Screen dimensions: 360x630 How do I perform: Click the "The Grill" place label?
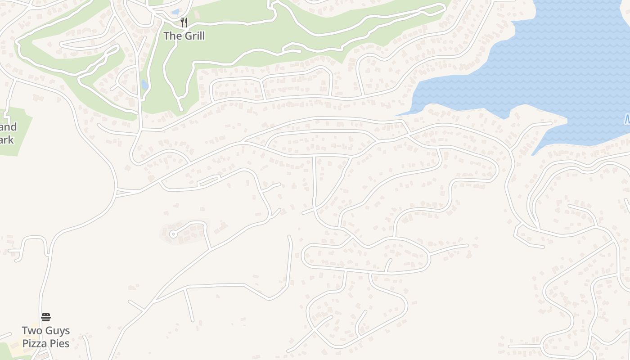(x=184, y=36)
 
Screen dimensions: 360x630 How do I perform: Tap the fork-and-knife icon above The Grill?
(x=184, y=22)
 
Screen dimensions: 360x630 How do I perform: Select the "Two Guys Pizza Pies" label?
(x=46, y=337)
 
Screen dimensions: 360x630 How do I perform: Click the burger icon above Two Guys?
(x=46, y=317)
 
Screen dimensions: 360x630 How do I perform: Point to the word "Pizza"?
(x=35, y=344)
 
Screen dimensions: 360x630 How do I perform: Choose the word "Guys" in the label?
(x=57, y=331)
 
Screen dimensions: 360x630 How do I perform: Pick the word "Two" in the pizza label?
(x=31, y=331)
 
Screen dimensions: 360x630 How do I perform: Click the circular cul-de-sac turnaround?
(x=173, y=234)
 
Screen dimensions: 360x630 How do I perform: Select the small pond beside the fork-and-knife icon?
(x=175, y=12)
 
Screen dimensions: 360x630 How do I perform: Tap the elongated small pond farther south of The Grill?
(x=144, y=85)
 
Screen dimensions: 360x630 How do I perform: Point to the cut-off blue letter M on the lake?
(x=627, y=120)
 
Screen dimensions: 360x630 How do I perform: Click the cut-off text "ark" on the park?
(x=7, y=140)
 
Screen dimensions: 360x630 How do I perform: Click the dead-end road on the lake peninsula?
(x=535, y=126)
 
